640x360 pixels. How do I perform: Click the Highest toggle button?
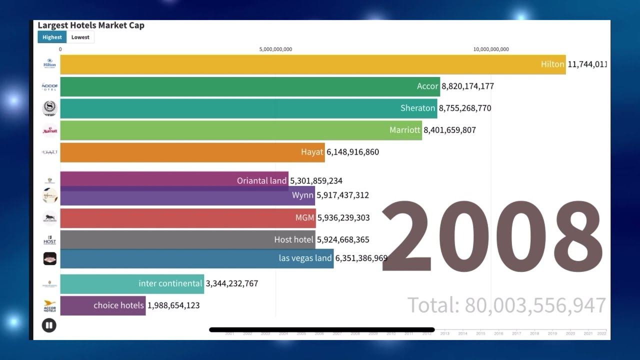coord(52,37)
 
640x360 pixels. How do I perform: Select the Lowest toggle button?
coord(80,37)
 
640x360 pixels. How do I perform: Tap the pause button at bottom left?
coord(49,325)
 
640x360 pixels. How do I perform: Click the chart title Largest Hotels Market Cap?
coord(91,25)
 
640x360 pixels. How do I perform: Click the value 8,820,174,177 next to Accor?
coord(467,86)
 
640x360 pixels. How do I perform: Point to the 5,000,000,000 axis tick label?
coord(275,49)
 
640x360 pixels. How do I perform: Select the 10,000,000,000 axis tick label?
coord(491,49)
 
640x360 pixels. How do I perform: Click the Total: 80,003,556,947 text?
coord(506,305)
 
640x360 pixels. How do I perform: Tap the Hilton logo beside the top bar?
coord(49,63)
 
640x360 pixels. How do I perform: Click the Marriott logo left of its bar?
coord(50,130)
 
